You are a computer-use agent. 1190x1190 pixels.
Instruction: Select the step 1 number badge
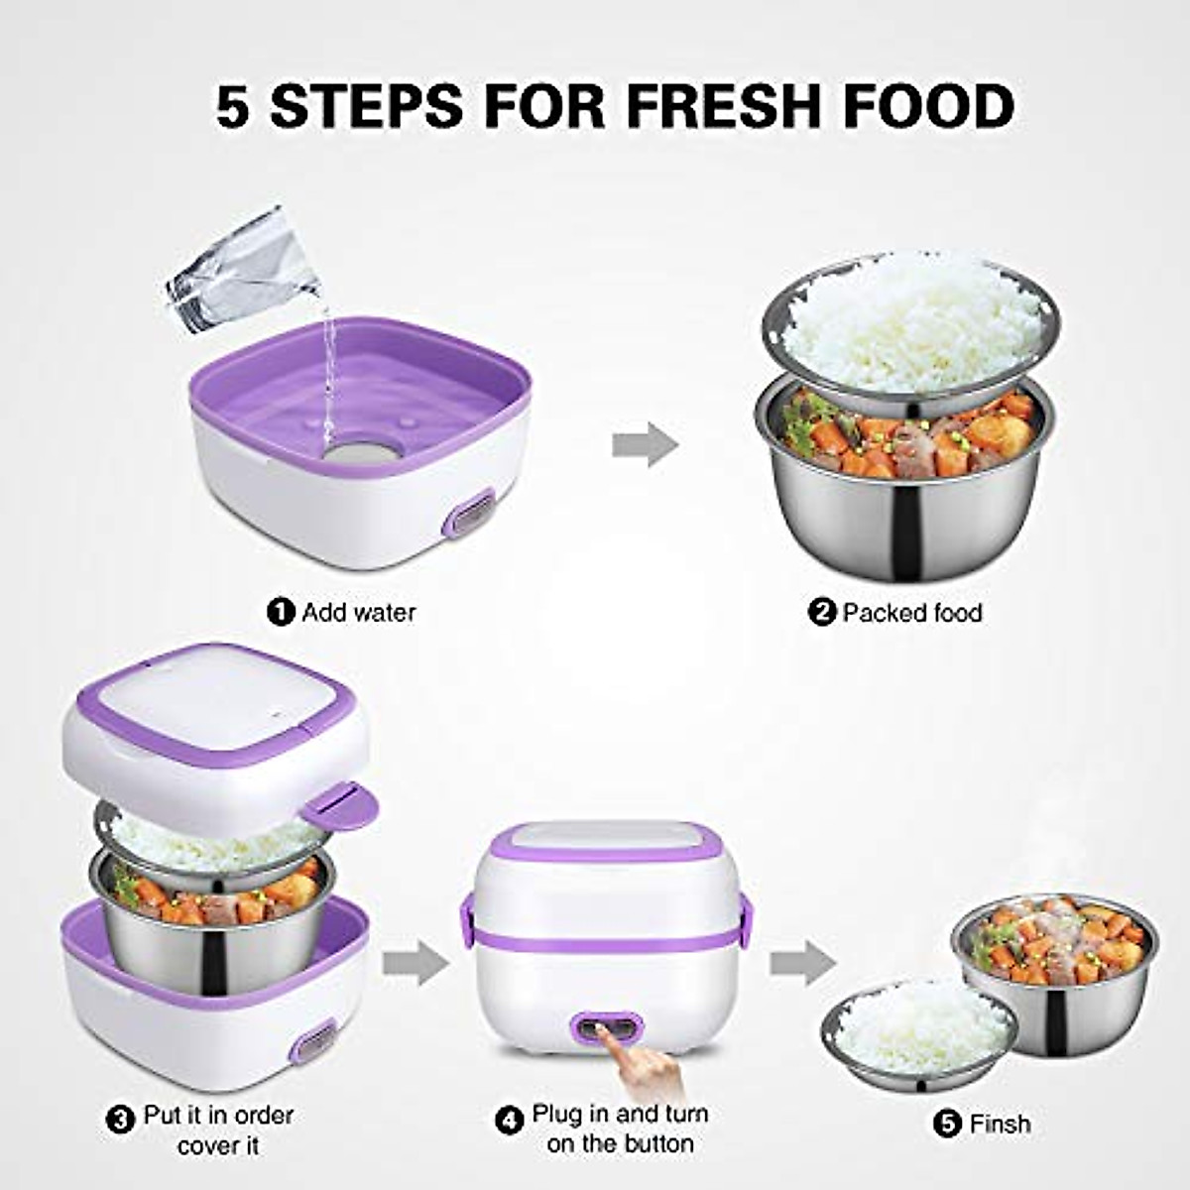(x=282, y=612)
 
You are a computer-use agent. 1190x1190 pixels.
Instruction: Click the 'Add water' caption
(x=358, y=612)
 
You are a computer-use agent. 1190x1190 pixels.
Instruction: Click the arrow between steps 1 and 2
(x=645, y=443)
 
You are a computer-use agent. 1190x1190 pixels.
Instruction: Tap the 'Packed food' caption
(x=911, y=612)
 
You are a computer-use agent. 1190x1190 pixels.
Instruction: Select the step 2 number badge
(x=822, y=612)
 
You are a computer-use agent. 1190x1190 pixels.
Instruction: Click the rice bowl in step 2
(x=910, y=322)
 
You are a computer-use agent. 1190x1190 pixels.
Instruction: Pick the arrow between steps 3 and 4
(x=416, y=963)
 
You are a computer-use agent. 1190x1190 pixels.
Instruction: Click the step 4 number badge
(x=509, y=1121)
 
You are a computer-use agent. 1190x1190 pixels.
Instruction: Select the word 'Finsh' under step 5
(x=1000, y=1124)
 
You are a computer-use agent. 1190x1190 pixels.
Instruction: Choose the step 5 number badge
(x=947, y=1124)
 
